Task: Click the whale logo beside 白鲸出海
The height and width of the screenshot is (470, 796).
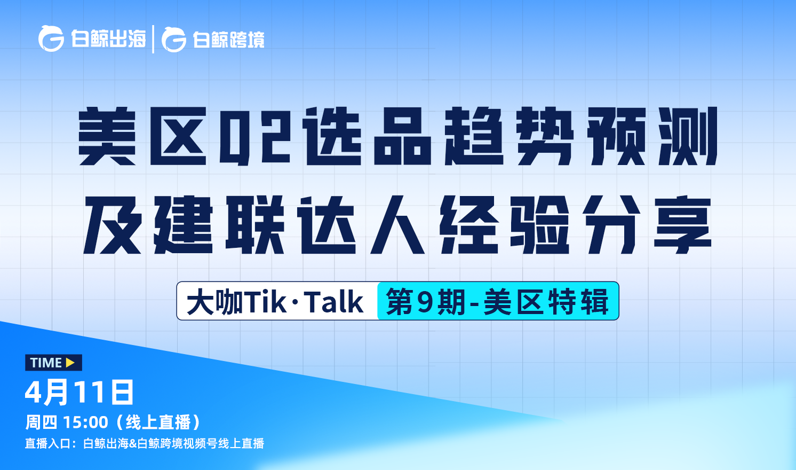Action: (x=51, y=38)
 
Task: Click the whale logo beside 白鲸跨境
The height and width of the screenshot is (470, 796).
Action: (x=174, y=40)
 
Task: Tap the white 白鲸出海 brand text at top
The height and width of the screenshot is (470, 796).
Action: (x=108, y=38)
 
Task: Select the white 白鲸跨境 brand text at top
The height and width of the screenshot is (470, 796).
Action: (x=228, y=39)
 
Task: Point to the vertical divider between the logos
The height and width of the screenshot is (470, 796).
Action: (x=153, y=39)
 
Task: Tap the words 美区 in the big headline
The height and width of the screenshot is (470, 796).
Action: (x=142, y=136)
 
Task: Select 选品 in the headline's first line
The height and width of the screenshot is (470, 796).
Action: (x=368, y=136)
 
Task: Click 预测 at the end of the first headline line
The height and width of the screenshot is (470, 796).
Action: (x=652, y=136)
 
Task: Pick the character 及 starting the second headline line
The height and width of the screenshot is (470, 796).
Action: (x=113, y=225)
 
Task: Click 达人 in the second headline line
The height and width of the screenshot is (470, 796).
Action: (x=361, y=225)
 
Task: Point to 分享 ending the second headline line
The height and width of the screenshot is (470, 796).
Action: (x=647, y=225)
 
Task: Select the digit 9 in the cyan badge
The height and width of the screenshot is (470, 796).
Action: (x=425, y=302)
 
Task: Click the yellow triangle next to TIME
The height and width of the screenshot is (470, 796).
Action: (x=70, y=363)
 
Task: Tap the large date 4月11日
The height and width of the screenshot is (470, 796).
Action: (x=79, y=393)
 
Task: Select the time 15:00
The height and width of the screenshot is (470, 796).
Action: (x=85, y=422)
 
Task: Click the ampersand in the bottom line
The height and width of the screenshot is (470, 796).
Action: (x=132, y=444)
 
